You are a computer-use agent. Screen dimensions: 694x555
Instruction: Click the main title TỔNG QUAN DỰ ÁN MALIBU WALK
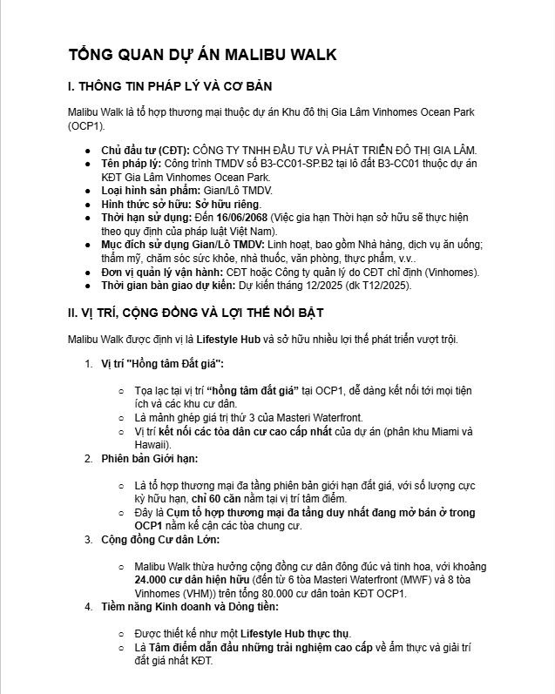point(202,55)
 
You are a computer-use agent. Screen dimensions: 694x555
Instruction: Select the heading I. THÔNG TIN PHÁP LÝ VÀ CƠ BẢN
point(170,87)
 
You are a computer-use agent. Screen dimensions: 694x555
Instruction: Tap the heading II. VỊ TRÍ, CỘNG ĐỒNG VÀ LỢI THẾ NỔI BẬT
point(210,313)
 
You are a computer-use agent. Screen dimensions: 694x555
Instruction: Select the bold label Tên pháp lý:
point(132,164)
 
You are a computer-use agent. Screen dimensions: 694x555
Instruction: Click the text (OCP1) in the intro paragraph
point(85,126)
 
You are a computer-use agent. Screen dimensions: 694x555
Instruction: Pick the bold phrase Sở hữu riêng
point(215,203)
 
